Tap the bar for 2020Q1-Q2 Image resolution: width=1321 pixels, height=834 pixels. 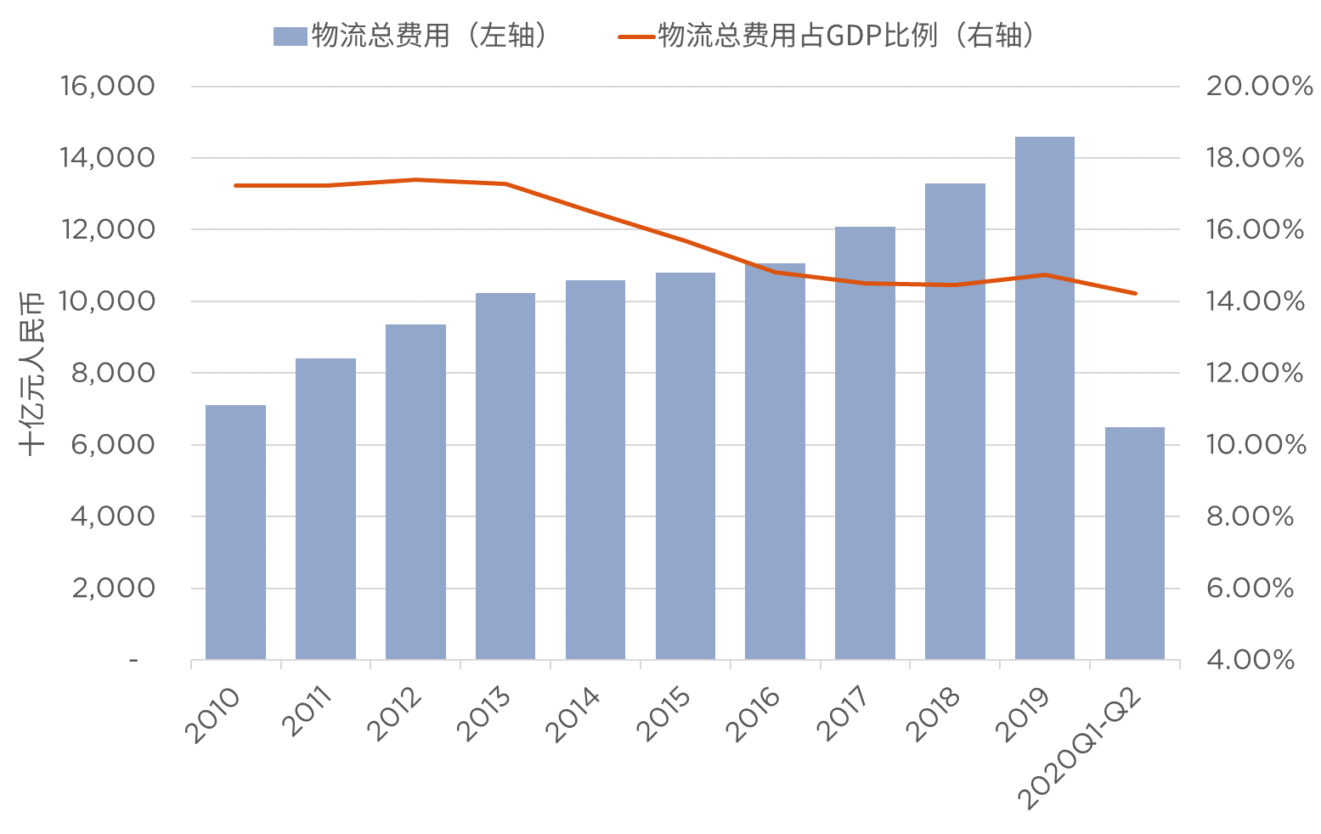(1134, 543)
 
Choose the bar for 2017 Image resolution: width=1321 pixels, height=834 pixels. (865, 442)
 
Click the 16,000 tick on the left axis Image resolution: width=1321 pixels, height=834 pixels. (107, 86)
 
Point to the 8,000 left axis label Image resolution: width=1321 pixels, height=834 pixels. (113, 373)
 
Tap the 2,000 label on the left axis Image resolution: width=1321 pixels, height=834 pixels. (113, 588)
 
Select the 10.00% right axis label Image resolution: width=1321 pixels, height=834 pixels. (1256, 444)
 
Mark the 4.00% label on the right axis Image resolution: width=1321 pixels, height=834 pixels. (1250, 660)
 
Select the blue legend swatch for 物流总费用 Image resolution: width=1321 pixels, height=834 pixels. (289, 37)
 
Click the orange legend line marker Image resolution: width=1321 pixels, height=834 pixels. (636, 37)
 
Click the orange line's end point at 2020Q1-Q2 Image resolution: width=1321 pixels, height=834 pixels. (1135, 294)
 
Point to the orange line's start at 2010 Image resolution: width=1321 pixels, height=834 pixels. (235, 185)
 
